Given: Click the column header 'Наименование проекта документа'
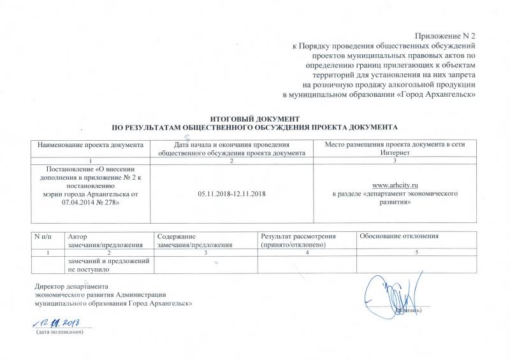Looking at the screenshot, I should pos(91,145).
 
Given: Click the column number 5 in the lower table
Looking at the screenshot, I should pos(417,253).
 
